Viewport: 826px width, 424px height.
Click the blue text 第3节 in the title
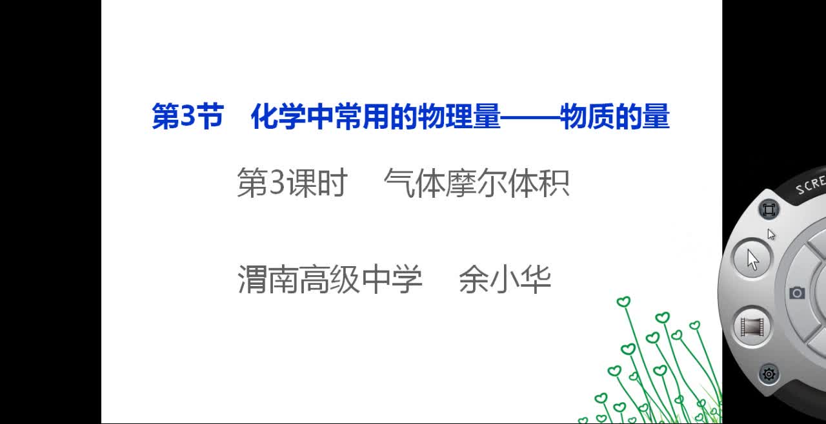pos(188,116)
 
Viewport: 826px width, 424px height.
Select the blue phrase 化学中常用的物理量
pos(376,116)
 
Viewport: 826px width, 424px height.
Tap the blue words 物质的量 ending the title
pos(614,116)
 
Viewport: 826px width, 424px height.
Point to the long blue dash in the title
pos(530,118)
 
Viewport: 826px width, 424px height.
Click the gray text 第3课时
pos(292,182)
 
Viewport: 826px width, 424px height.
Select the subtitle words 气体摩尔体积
pos(476,183)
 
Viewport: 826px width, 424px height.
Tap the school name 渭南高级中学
pos(330,279)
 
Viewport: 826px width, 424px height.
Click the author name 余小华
pos(505,279)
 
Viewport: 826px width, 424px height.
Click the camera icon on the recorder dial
pos(797,293)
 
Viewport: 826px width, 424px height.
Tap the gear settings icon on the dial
pos(769,374)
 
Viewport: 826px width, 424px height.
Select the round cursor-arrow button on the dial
pos(752,259)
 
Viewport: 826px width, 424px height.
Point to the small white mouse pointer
pos(771,234)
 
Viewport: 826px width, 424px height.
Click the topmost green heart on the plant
pos(623,302)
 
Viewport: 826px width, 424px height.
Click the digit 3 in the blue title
pos(188,115)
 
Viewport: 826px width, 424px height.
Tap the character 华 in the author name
pos(536,279)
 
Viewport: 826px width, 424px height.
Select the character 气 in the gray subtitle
pos(399,183)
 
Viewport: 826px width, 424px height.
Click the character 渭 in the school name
pos(252,279)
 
